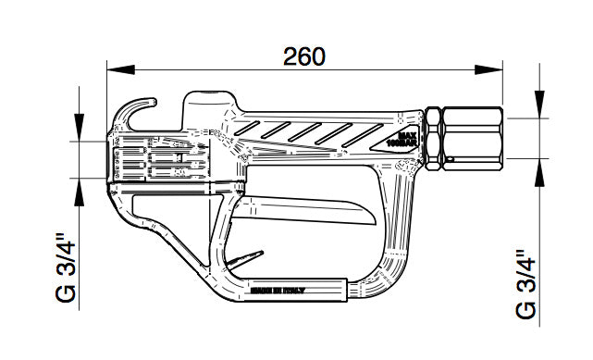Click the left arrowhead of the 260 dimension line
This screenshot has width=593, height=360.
click(115, 69)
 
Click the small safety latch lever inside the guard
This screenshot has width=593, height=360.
click(243, 263)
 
